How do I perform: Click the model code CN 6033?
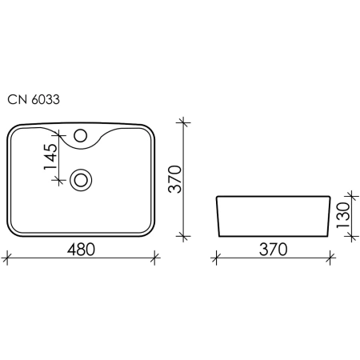[34, 100]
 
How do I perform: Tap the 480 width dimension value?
[81, 250]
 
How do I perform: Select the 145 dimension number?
[50, 157]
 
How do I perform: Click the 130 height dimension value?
[343, 215]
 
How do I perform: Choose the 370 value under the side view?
[274, 250]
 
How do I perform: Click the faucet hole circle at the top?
[81, 135]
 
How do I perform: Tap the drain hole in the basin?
[81, 180]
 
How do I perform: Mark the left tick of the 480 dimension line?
[6, 258]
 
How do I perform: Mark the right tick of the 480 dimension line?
[154, 258]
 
